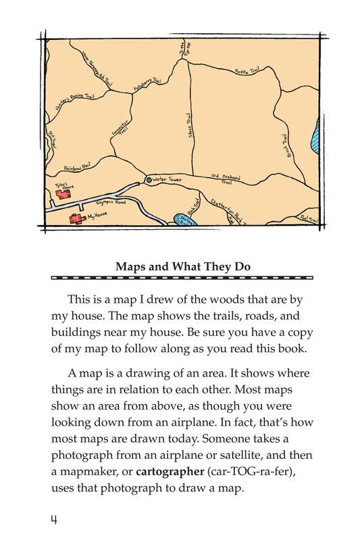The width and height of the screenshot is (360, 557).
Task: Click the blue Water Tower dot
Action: [x=149, y=180]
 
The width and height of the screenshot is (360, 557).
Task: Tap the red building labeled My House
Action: [x=73, y=218]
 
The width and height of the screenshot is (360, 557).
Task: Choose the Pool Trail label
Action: [x=307, y=218]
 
